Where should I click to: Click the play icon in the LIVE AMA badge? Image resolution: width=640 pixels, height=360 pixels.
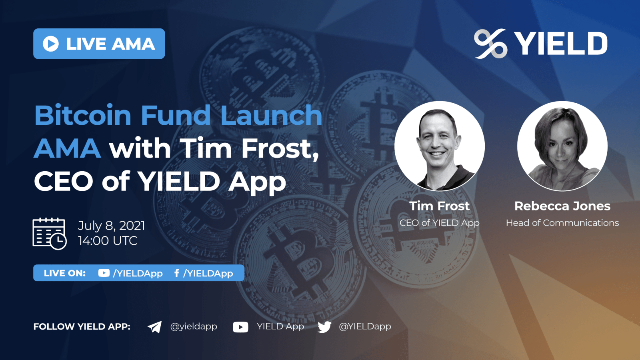point(51,44)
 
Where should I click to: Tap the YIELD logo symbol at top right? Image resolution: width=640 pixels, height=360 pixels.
point(490,44)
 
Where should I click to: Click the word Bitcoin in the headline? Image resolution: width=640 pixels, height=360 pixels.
point(83,115)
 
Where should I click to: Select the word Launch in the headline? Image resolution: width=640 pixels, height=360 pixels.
point(271,115)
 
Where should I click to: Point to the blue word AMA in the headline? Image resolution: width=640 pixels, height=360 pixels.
point(67,148)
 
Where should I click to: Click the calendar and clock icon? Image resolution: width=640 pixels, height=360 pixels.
point(49,234)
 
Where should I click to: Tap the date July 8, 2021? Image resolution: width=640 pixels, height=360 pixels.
point(111,226)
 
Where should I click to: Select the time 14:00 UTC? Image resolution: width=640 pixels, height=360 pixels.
point(108,241)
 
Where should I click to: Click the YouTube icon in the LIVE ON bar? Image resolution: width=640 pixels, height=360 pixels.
point(104,273)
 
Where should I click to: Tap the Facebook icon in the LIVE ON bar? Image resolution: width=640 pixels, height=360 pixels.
point(176,273)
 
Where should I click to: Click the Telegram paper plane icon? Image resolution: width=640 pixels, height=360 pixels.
point(154,327)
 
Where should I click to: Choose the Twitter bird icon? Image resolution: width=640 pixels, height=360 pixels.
point(324,327)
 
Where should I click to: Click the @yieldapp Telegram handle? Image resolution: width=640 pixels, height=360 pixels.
point(194,326)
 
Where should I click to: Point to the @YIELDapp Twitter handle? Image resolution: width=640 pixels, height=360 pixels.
point(365,326)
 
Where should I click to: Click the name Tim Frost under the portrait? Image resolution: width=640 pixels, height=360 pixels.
point(439,206)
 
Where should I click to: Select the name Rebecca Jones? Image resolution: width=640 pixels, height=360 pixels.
point(562,206)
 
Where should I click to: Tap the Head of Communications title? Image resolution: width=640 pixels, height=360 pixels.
point(562,223)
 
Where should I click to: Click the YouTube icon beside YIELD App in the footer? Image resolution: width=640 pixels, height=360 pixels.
point(240,327)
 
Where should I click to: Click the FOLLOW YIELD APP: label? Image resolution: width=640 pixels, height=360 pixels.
point(82,326)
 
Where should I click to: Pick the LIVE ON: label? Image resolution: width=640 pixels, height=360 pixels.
point(64,273)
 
